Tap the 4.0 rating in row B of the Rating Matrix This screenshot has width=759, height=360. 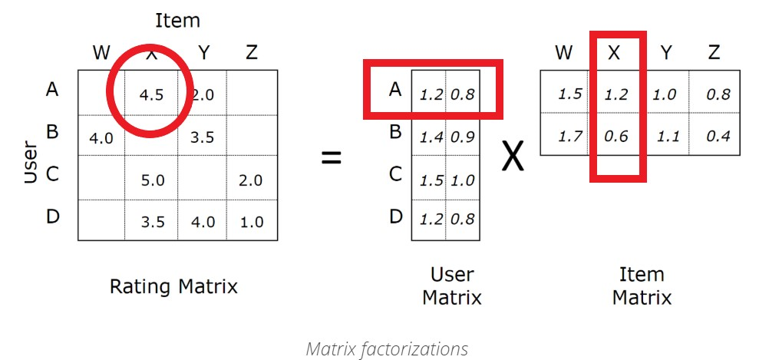pyautogui.click(x=101, y=139)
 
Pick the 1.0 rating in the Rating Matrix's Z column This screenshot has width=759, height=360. pyautogui.click(x=251, y=222)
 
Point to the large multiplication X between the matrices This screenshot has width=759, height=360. pyautogui.click(x=513, y=157)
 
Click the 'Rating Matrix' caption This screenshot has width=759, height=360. pyautogui.click(x=173, y=287)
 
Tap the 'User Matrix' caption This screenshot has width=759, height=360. pyautogui.click(x=452, y=286)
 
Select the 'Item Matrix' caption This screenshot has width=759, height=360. pyautogui.click(x=641, y=286)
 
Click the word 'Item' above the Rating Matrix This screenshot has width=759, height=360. pyautogui.click(x=177, y=21)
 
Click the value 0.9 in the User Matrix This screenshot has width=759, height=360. pyautogui.click(x=462, y=137)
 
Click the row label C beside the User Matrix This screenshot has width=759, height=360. pyautogui.click(x=395, y=173)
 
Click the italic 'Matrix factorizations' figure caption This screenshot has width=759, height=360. pyautogui.click(x=387, y=349)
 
